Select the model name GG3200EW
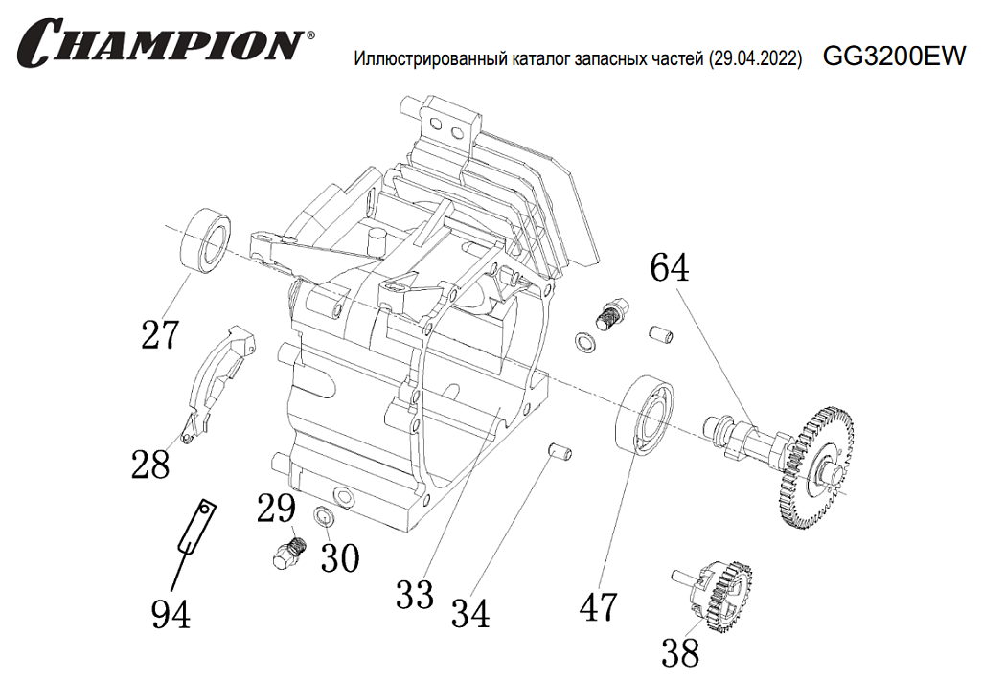pos(894,57)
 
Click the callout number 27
pos(160,335)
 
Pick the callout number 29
pos(276,509)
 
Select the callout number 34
pos(470,613)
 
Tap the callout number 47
pos(599,605)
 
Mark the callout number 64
pos(669,268)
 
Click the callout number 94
pos(171,613)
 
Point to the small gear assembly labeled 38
pos(719,594)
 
